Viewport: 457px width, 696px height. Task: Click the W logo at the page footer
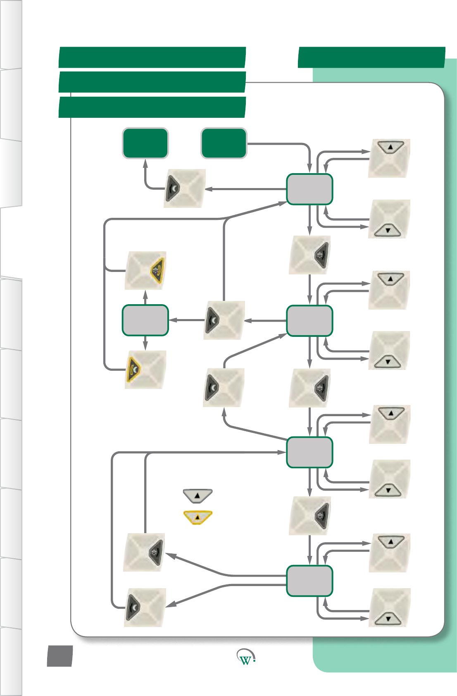pyautogui.click(x=246, y=658)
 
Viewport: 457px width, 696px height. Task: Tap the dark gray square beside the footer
pyautogui.click(x=60, y=656)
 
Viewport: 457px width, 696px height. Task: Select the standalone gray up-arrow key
pyautogui.click(x=198, y=496)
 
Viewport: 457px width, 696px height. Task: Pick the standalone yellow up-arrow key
pyautogui.click(x=198, y=517)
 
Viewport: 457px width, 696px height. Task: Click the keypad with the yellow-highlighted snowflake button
pyautogui.click(x=145, y=270)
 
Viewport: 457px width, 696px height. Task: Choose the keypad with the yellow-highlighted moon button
pyautogui.click(x=145, y=369)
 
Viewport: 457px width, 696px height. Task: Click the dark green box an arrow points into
pyautogui.click(x=145, y=143)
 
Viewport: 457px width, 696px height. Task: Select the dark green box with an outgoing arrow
pyautogui.click(x=224, y=143)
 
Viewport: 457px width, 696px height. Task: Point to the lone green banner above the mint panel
pyautogui.click(x=371, y=57)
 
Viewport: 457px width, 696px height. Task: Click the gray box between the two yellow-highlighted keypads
pyautogui.click(x=145, y=320)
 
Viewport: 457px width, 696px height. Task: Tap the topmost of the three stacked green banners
pyautogui.click(x=152, y=57)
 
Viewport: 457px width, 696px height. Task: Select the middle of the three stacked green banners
pyautogui.click(x=152, y=82)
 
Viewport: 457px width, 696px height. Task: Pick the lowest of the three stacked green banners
pyautogui.click(x=152, y=107)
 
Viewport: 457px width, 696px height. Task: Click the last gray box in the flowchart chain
pyautogui.click(x=309, y=581)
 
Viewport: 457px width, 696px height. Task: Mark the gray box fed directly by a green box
pyautogui.click(x=309, y=189)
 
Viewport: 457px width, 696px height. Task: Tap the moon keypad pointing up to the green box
pyautogui.click(x=185, y=188)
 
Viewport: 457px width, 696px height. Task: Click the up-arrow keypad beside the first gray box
pyautogui.click(x=389, y=158)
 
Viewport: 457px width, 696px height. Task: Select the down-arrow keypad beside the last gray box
pyautogui.click(x=389, y=608)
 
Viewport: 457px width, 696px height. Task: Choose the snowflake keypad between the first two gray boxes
pyautogui.click(x=309, y=255)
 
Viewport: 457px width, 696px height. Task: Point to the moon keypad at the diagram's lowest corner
pyautogui.click(x=145, y=608)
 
